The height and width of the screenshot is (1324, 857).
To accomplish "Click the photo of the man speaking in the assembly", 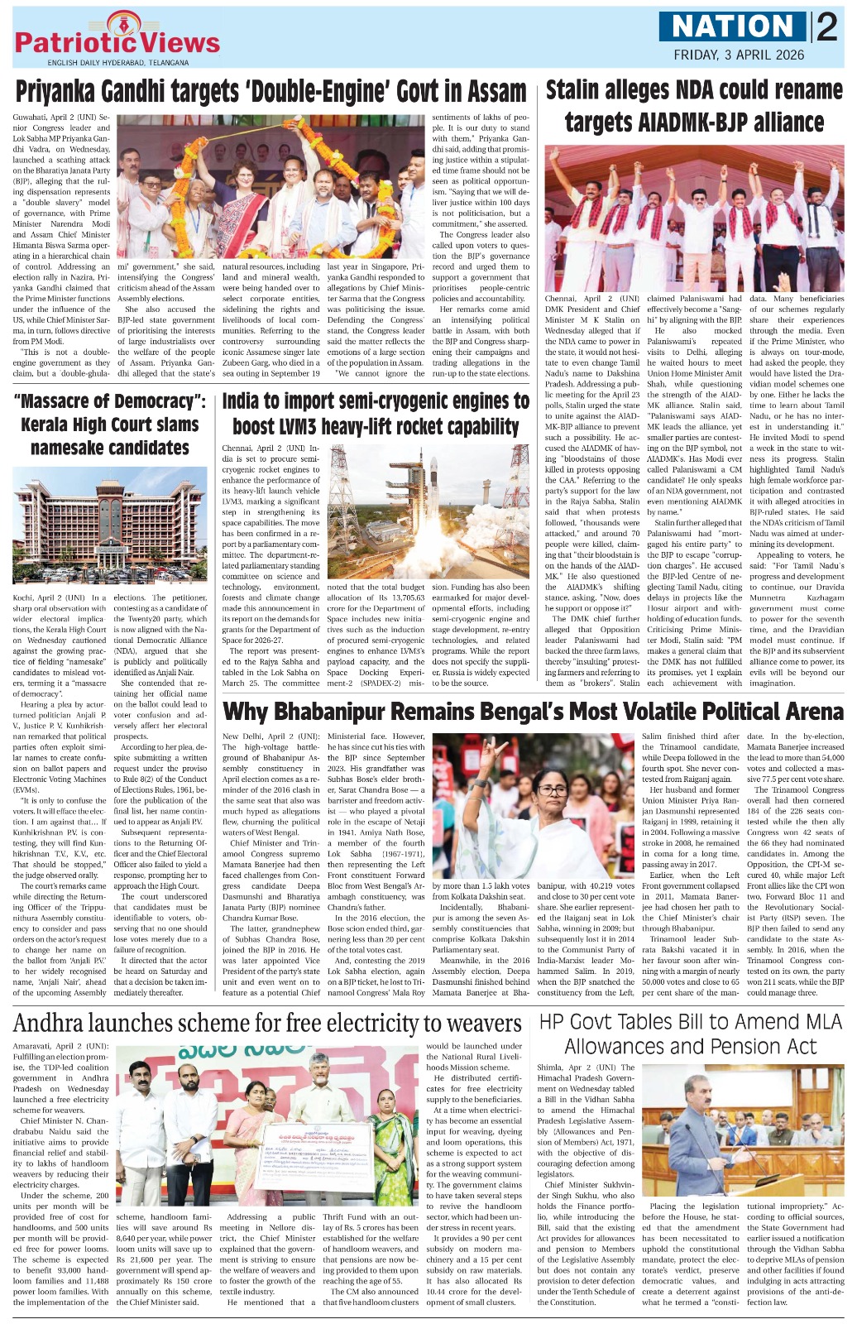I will point(743,1130).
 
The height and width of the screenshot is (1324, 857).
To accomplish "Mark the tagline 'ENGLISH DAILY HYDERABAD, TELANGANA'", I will point(118,63).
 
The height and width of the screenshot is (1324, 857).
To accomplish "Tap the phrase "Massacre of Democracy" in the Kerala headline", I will point(110,402).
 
